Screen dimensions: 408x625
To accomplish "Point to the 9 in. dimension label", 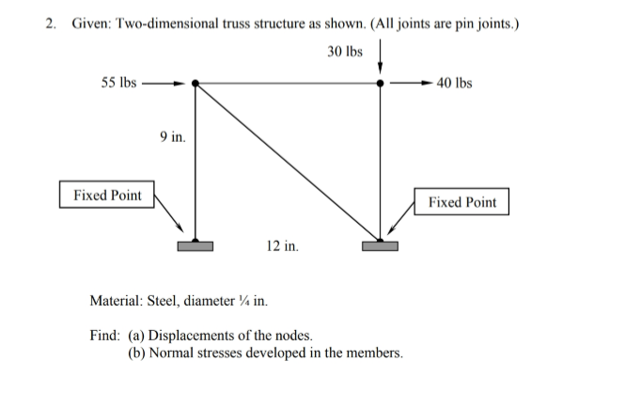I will [x=172, y=137].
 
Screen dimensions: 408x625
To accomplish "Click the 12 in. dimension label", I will [x=282, y=246].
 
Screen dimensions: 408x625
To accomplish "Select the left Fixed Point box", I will [x=107, y=196].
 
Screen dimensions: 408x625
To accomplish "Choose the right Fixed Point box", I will [x=461, y=202].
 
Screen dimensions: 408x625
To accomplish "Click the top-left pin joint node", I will [x=195, y=84].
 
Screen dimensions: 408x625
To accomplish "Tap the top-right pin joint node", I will [x=380, y=84].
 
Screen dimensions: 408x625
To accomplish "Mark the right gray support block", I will [x=380, y=246].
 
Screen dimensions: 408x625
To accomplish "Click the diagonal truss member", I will [x=288, y=163].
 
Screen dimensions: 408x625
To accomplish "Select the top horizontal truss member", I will [x=288, y=84].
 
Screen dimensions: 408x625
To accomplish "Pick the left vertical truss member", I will [x=195, y=165].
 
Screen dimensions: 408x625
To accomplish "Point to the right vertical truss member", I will [x=380, y=165].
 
